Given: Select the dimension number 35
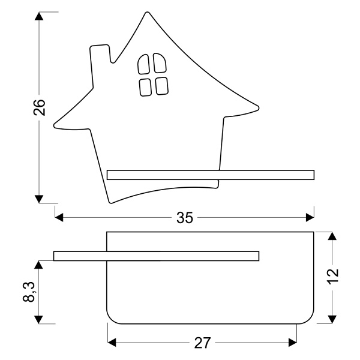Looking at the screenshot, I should click(185, 218).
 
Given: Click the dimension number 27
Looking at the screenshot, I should click(202, 343).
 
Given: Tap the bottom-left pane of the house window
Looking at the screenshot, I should click(145, 86).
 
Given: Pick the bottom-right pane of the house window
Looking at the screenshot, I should click(161, 86).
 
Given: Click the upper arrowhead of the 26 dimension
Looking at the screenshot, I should click(39, 16).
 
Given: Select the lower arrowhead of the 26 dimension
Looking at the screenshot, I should click(39, 199).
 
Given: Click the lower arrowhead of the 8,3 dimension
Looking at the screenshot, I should click(39, 319).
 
